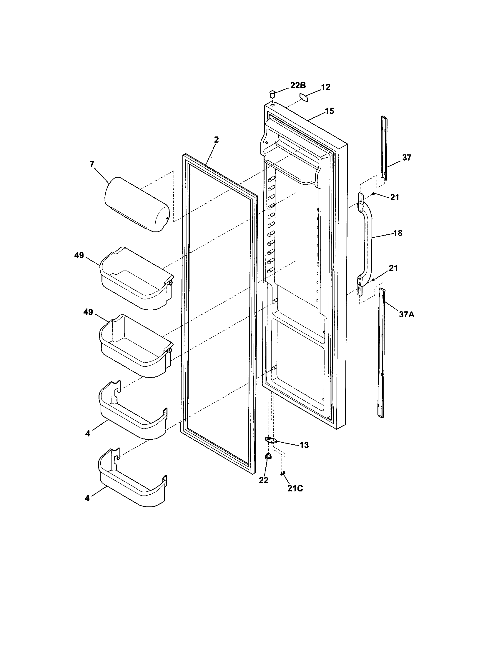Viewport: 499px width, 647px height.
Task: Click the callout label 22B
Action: [x=298, y=86]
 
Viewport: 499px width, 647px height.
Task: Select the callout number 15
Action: [x=329, y=111]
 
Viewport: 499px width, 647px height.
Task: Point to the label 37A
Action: [x=407, y=314]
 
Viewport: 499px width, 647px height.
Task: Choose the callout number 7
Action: [x=92, y=164]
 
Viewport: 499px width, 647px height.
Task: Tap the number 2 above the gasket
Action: [x=216, y=140]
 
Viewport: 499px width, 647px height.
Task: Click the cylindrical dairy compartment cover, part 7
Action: [x=137, y=205]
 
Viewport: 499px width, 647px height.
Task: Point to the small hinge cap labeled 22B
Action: [x=272, y=94]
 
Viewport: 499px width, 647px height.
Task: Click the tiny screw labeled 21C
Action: [x=282, y=473]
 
